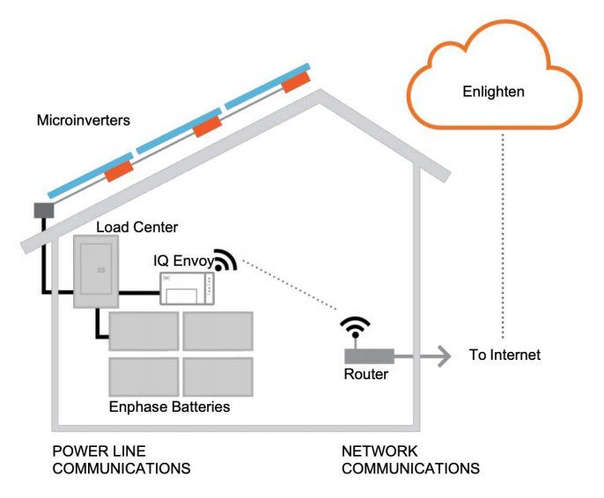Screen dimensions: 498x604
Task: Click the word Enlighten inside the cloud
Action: click(x=493, y=91)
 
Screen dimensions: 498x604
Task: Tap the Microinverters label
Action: click(x=84, y=120)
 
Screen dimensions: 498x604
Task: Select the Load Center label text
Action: click(x=136, y=228)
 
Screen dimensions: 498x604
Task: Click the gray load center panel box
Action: click(x=95, y=270)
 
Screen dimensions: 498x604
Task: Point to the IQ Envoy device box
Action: click(x=187, y=288)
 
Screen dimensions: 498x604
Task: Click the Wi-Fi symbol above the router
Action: click(x=354, y=329)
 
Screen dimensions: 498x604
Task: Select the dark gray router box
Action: click(x=368, y=356)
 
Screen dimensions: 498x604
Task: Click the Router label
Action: click(x=365, y=375)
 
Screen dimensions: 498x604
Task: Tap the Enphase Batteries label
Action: click(x=169, y=407)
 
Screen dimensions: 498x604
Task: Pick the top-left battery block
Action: click(x=143, y=332)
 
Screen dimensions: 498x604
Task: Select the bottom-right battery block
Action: click(x=217, y=376)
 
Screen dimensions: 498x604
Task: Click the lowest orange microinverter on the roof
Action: click(x=119, y=170)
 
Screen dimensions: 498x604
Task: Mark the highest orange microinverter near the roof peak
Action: click(x=297, y=81)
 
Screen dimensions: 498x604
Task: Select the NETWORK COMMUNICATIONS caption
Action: click(x=410, y=459)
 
